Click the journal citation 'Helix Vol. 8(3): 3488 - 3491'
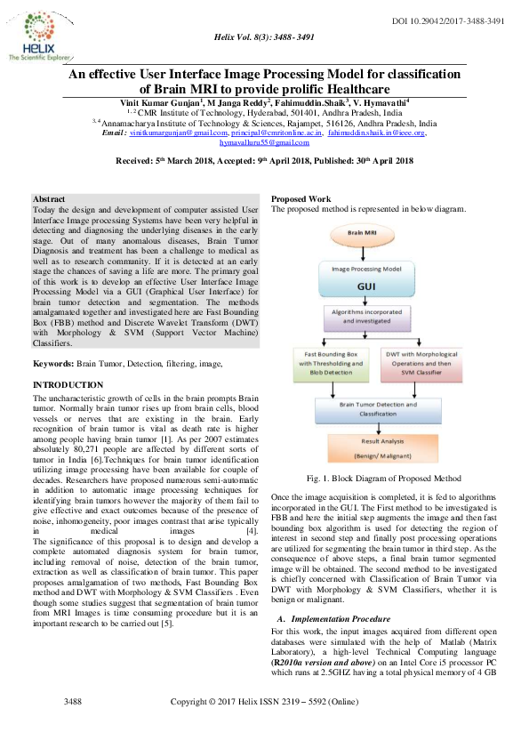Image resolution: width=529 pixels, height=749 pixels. coord(264,36)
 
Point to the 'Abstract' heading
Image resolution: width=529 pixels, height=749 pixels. coord(48,197)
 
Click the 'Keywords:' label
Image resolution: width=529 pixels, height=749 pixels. coord(52,365)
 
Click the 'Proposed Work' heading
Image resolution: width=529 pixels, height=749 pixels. coord(301,198)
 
